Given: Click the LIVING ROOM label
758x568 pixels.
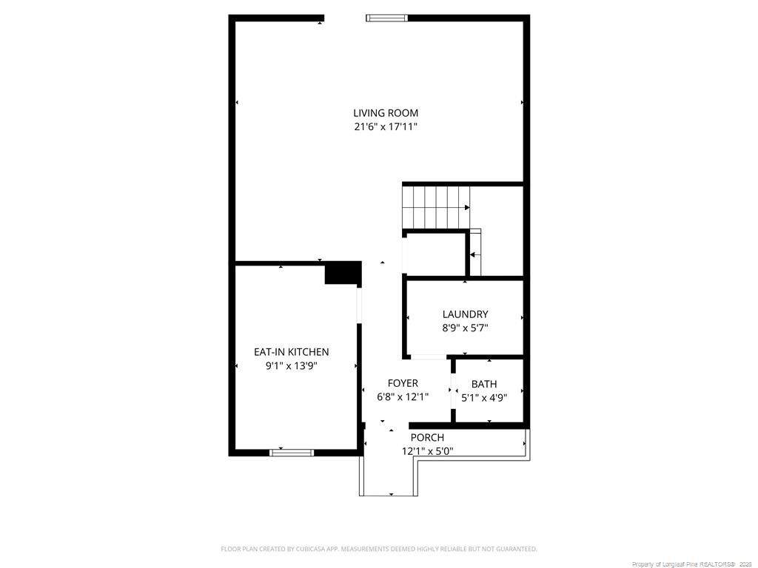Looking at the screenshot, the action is click(385, 113).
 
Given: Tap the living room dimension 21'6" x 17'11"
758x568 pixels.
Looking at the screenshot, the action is click(385, 127).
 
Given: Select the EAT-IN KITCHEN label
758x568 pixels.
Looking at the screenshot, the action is click(292, 352).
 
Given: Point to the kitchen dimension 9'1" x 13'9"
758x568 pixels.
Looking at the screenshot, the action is click(292, 366).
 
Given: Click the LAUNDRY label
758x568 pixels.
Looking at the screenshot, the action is click(465, 314).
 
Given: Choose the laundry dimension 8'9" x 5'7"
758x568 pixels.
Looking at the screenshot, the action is click(465, 328).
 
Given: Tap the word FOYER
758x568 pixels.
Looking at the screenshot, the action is click(403, 384).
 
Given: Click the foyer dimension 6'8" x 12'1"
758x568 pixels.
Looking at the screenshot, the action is click(403, 397).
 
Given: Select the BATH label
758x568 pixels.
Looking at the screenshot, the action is click(484, 385).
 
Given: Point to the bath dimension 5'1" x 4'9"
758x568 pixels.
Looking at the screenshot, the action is click(484, 398).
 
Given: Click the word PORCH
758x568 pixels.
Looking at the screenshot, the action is click(427, 438).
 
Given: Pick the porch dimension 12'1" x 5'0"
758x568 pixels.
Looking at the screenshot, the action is click(427, 452).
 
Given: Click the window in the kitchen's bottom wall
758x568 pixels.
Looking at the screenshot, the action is click(292, 453).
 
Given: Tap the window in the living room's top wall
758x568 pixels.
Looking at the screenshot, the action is click(386, 18).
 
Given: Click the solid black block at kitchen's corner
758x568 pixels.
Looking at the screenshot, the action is click(343, 273).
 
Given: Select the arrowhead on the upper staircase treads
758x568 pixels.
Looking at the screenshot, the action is click(467, 208).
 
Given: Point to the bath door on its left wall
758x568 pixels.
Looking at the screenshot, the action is click(453, 390).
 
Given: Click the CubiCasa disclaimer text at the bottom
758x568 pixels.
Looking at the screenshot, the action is click(379, 550).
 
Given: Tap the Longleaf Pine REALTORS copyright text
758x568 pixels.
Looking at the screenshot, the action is click(691, 564).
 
